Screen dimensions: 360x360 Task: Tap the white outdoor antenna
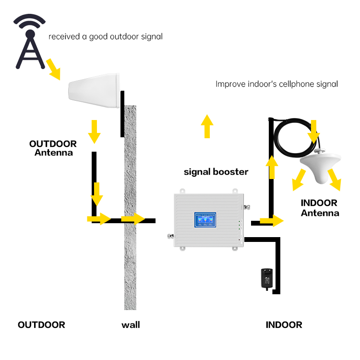click(x=94, y=91)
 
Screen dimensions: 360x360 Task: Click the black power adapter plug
click(x=264, y=278)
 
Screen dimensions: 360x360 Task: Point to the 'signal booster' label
click(x=216, y=171)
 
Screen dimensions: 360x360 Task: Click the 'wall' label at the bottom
click(x=131, y=325)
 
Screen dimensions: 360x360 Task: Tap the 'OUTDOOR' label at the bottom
click(x=41, y=325)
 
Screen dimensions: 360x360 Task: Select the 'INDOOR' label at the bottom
click(x=284, y=325)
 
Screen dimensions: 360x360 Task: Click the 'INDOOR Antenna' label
click(x=320, y=208)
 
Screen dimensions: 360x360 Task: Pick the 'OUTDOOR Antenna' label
click(x=53, y=148)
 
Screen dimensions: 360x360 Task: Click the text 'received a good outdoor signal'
click(x=106, y=36)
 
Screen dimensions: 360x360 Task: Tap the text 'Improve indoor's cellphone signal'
click(x=276, y=84)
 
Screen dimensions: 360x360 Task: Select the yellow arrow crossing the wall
click(x=133, y=219)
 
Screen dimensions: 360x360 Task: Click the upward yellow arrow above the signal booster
click(x=207, y=126)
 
